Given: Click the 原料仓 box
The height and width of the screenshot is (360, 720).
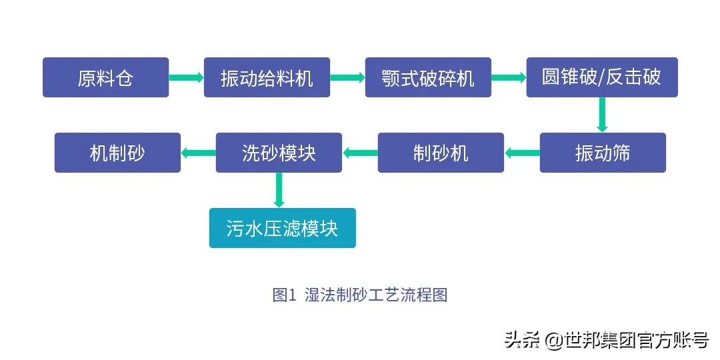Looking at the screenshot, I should [x=105, y=77].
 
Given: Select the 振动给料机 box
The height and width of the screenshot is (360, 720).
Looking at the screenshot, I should [x=267, y=77].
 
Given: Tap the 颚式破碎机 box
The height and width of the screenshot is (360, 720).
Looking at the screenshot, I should [x=428, y=77].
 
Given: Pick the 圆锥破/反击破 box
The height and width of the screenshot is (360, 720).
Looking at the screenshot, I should [x=601, y=77].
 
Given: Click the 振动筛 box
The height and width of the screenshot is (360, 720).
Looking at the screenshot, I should [x=603, y=153].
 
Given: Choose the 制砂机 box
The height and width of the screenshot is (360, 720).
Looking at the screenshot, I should [x=441, y=153].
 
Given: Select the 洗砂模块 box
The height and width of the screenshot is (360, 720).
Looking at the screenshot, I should [x=279, y=153].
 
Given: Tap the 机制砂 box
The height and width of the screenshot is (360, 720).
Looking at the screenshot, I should [x=117, y=153].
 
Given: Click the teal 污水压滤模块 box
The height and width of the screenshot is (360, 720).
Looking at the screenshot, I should [x=282, y=228].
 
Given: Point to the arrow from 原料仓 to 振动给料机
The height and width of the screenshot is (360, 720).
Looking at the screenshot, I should [x=186, y=77].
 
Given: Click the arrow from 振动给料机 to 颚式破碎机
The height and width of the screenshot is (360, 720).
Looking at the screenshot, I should [x=347, y=77].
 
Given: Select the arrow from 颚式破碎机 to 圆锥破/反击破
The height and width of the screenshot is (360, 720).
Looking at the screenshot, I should [x=509, y=77].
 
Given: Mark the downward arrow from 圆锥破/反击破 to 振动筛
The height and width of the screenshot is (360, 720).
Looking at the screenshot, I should [x=602, y=115].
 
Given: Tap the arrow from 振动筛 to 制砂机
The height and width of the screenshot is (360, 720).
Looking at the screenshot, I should [x=522, y=153].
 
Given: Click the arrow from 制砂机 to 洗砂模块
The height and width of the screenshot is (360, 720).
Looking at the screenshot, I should [x=360, y=153].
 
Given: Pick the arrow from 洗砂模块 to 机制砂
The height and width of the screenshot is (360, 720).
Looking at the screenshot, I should [x=198, y=153].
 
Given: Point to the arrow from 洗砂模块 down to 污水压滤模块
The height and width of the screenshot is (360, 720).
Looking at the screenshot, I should [x=279, y=190].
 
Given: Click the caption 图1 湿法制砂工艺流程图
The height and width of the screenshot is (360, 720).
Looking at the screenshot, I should [x=360, y=295].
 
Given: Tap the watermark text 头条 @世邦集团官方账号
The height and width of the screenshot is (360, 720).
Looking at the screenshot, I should [x=605, y=340].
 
